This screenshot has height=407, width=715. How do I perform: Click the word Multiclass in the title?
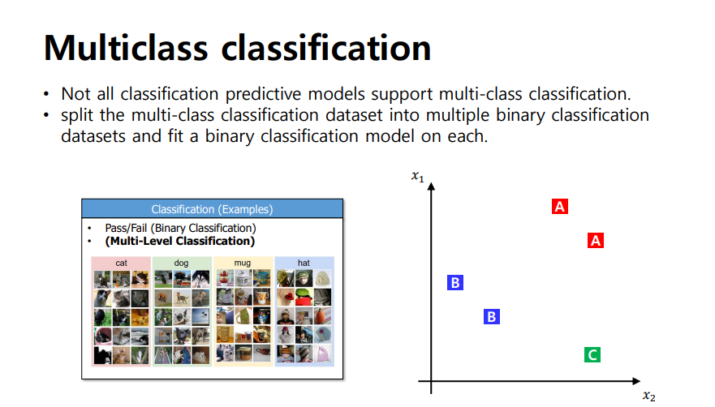(x=126, y=48)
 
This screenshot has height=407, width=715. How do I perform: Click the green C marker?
(x=592, y=354)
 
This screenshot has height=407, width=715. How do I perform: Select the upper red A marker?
(x=560, y=207)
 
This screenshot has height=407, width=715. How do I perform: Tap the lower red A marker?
(x=596, y=240)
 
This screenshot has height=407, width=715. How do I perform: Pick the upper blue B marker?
(x=455, y=283)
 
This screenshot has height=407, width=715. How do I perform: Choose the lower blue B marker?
(x=492, y=316)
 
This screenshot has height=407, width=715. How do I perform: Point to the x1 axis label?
(x=418, y=176)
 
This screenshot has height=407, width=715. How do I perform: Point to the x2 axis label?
(x=649, y=396)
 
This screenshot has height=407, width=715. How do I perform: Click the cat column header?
(x=121, y=263)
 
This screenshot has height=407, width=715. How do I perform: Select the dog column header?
(x=181, y=263)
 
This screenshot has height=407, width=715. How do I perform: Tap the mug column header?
(x=242, y=263)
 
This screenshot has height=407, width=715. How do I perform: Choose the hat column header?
(x=304, y=263)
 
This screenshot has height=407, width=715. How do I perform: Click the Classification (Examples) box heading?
(x=212, y=209)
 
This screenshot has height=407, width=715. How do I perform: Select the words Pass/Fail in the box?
(x=126, y=228)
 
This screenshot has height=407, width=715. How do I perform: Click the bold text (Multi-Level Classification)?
(x=180, y=241)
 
